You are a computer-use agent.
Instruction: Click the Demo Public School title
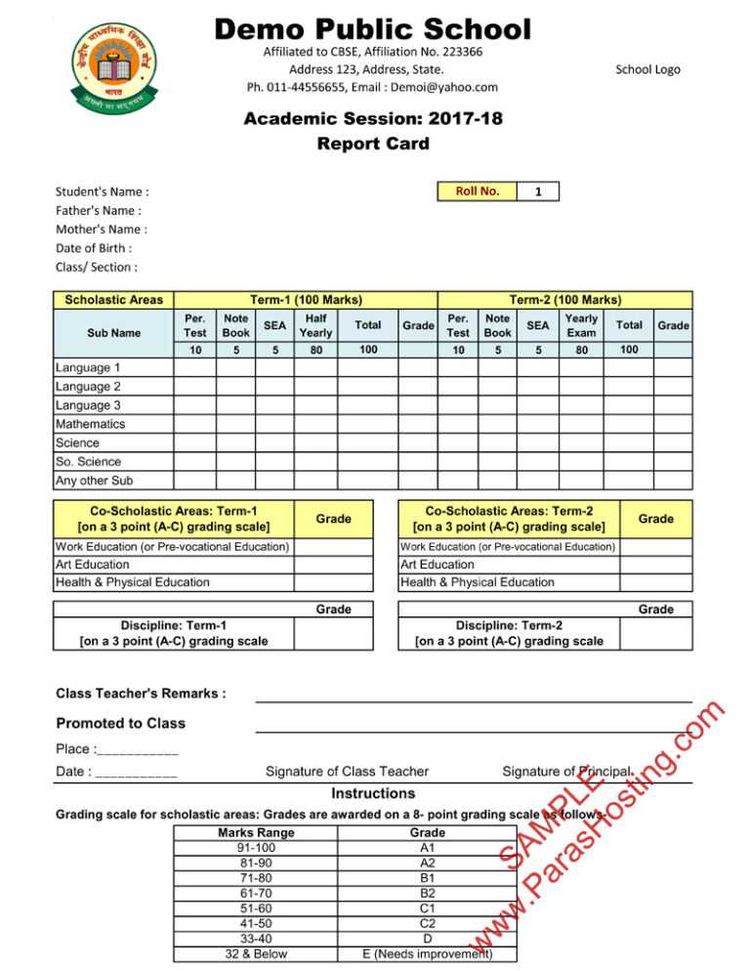tap(373, 28)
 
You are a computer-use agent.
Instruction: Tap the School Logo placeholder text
tap(647, 69)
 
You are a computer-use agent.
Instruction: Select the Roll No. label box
tap(478, 191)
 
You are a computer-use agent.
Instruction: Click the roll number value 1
tap(538, 192)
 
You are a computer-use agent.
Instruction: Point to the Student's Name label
tap(102, 192)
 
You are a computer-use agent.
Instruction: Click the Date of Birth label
tap(94, 248)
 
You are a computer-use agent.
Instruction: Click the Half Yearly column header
tap(315, 325)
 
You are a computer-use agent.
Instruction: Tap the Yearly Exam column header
tap(582, 325)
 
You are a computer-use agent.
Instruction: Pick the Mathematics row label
tap(91, 425)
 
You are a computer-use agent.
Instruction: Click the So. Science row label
tap(89, 462)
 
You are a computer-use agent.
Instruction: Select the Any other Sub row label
tap(95, 481)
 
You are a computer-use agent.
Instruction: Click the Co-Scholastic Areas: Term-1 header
tap(174, 519)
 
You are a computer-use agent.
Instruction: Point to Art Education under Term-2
tap(437, 565)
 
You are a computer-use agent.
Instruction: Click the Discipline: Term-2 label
tap(509, 633)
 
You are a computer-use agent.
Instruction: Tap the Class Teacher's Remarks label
tap(142, 694)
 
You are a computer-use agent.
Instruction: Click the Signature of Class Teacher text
tap(347, 773)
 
